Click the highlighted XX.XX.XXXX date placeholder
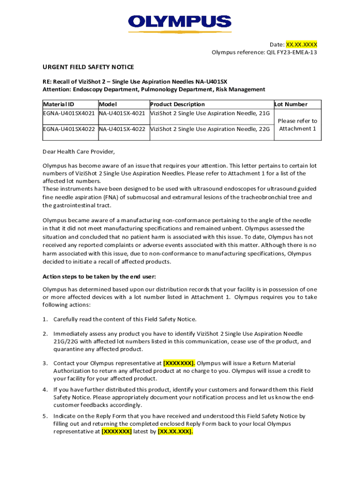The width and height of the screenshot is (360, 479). point(302,44)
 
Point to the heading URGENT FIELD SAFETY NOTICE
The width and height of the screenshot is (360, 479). point(88,67)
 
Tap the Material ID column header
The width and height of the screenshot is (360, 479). point(58,104)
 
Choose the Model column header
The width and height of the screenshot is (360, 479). point(108,104)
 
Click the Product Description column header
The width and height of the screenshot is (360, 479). point(177,104)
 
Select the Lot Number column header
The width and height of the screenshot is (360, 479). point(291,104)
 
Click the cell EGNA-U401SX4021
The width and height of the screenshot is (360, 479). point(69,113)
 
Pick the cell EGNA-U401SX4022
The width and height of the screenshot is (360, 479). point(69,129)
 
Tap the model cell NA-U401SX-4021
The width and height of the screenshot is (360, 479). point(123,113)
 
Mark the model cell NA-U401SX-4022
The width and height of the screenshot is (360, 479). point(123,129)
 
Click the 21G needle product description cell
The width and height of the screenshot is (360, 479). point(210,113)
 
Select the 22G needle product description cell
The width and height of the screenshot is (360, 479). point(210,129)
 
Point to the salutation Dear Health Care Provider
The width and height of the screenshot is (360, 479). point(79,152)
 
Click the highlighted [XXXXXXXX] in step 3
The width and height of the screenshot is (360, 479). point(180,363)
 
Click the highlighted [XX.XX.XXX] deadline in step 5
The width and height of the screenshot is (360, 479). point(175,432)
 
